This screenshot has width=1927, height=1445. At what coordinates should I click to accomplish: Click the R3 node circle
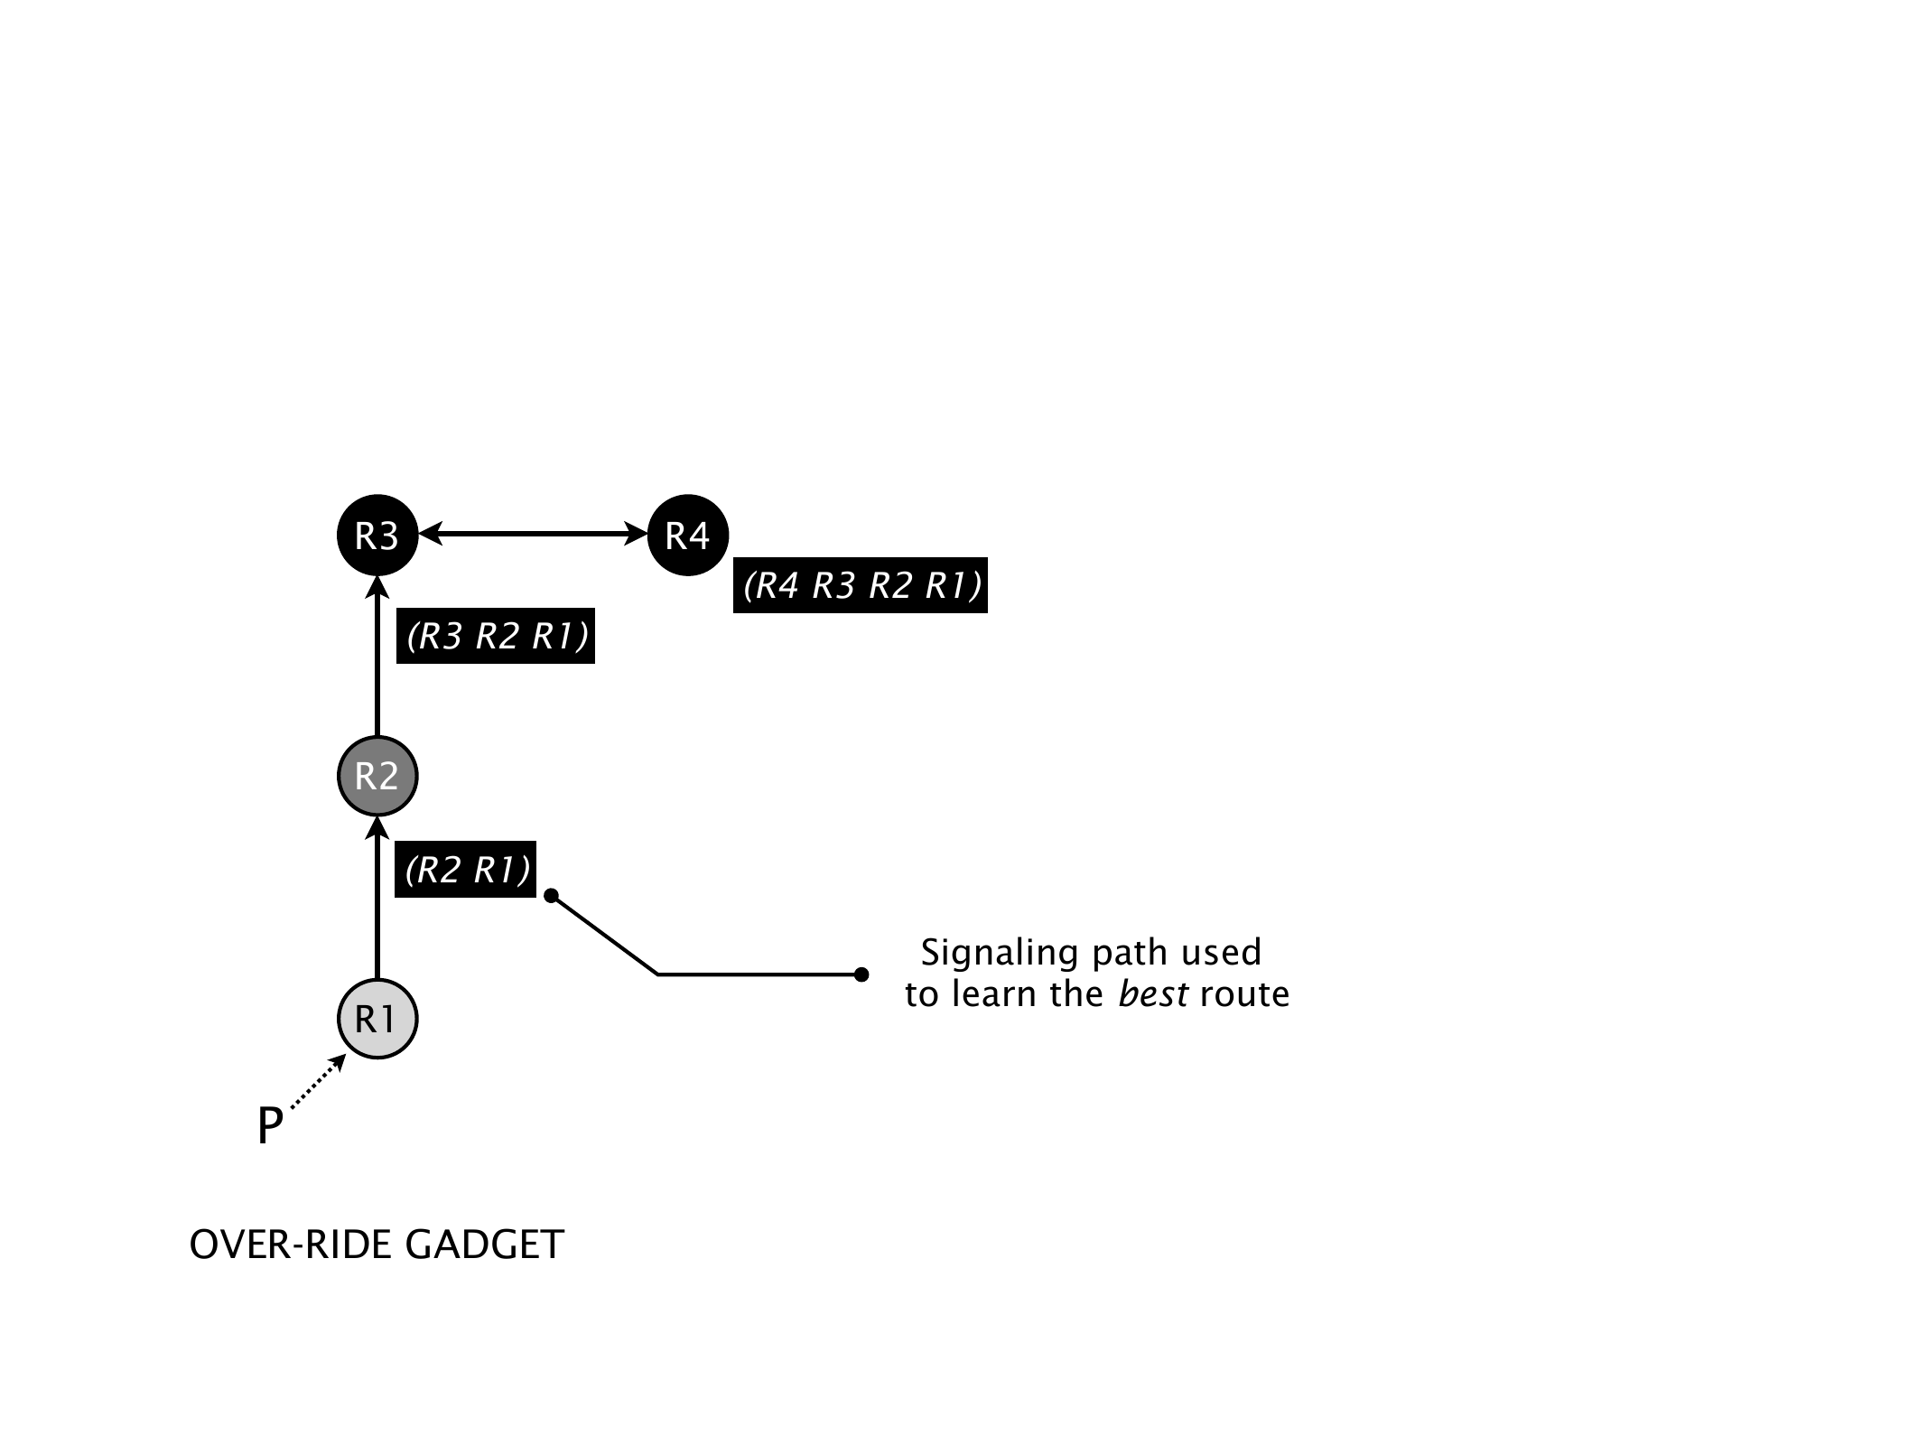[x=377, y=536]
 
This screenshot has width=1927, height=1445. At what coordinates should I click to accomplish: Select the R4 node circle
[x=688, y=536]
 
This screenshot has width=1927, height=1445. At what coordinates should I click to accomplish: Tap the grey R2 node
[x=377, y=776]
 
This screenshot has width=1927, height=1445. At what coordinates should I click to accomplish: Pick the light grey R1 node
[x=377, y=1019]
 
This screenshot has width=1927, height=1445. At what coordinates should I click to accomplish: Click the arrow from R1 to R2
[x=377, y=903]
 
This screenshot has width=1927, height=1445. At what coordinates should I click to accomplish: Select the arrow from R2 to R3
[x=377, y=664]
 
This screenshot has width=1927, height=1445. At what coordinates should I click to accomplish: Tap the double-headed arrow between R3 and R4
[x=533, y=535]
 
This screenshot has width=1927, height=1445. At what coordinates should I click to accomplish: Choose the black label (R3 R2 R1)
[x=496, y=637]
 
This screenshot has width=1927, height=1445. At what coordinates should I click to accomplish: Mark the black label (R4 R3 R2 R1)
[x=861, y=585]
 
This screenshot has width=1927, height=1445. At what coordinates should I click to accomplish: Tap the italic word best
[x=1152, y=994]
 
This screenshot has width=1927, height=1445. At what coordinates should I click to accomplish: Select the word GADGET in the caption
[x=484, y=1245]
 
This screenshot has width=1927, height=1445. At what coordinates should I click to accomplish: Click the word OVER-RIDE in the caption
[x=292, y=1245]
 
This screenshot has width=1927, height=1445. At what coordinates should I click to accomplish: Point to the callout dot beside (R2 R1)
[x=552, y=896]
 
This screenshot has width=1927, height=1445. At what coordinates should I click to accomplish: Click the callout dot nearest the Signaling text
[x=861, y=974]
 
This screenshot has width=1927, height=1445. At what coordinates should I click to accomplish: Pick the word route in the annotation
[x=1244, y=994]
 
